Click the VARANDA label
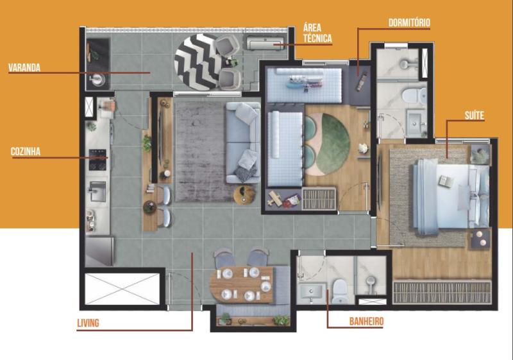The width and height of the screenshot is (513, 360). pos(24,68)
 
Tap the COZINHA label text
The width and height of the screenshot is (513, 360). pos(26,151)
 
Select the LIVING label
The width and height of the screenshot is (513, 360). pos(88,323)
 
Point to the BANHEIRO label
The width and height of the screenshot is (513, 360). pos(366,321)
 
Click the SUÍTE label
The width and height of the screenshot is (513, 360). pos(475,116)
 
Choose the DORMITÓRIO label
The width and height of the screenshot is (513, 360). pos(409,22)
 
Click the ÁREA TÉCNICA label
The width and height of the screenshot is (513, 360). pos(317,33)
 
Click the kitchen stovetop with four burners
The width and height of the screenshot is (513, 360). pos(98,160)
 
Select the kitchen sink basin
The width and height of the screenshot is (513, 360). pos(98,191)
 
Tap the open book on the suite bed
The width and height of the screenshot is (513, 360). pos(446,181)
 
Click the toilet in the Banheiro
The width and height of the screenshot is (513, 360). pos(340,291)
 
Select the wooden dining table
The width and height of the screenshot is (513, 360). pos(242,284)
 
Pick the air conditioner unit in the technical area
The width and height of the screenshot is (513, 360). pos(265,43)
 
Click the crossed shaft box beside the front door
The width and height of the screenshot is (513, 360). pos(122,289)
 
